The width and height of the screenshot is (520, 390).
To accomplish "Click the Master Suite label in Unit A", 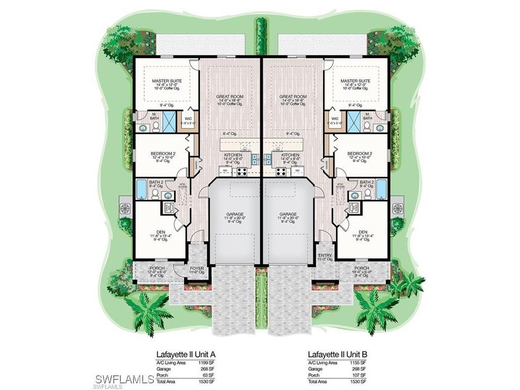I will tap(167, 81).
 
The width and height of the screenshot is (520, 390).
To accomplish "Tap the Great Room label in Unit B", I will tap(293, 96).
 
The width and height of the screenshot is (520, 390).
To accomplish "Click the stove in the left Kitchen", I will tap(241, 172).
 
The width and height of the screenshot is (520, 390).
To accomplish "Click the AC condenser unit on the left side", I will tap(125, 208).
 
